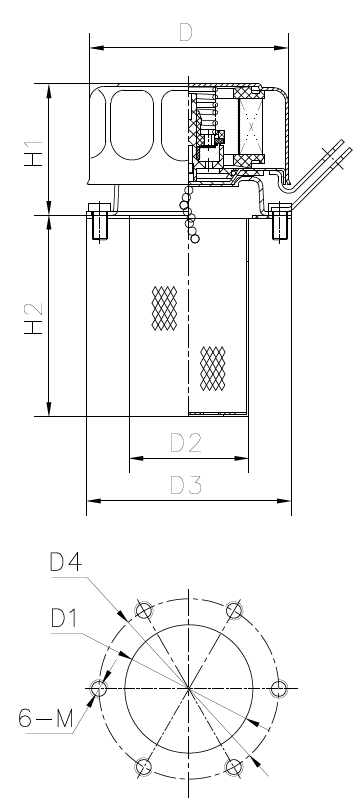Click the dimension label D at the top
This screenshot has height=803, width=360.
pos(185,32)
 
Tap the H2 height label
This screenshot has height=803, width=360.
pos(34,319)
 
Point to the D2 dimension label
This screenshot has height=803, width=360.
pos(186,443)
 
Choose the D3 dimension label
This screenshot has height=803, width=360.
pos(186,485)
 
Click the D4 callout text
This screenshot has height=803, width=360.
pos(66,562)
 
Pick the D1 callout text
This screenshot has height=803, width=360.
pos(64,618)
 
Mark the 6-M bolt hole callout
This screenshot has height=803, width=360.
pos(46,718)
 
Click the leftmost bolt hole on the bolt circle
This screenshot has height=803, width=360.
pos(99,689)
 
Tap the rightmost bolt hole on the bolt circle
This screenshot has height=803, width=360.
pos(279,689)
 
